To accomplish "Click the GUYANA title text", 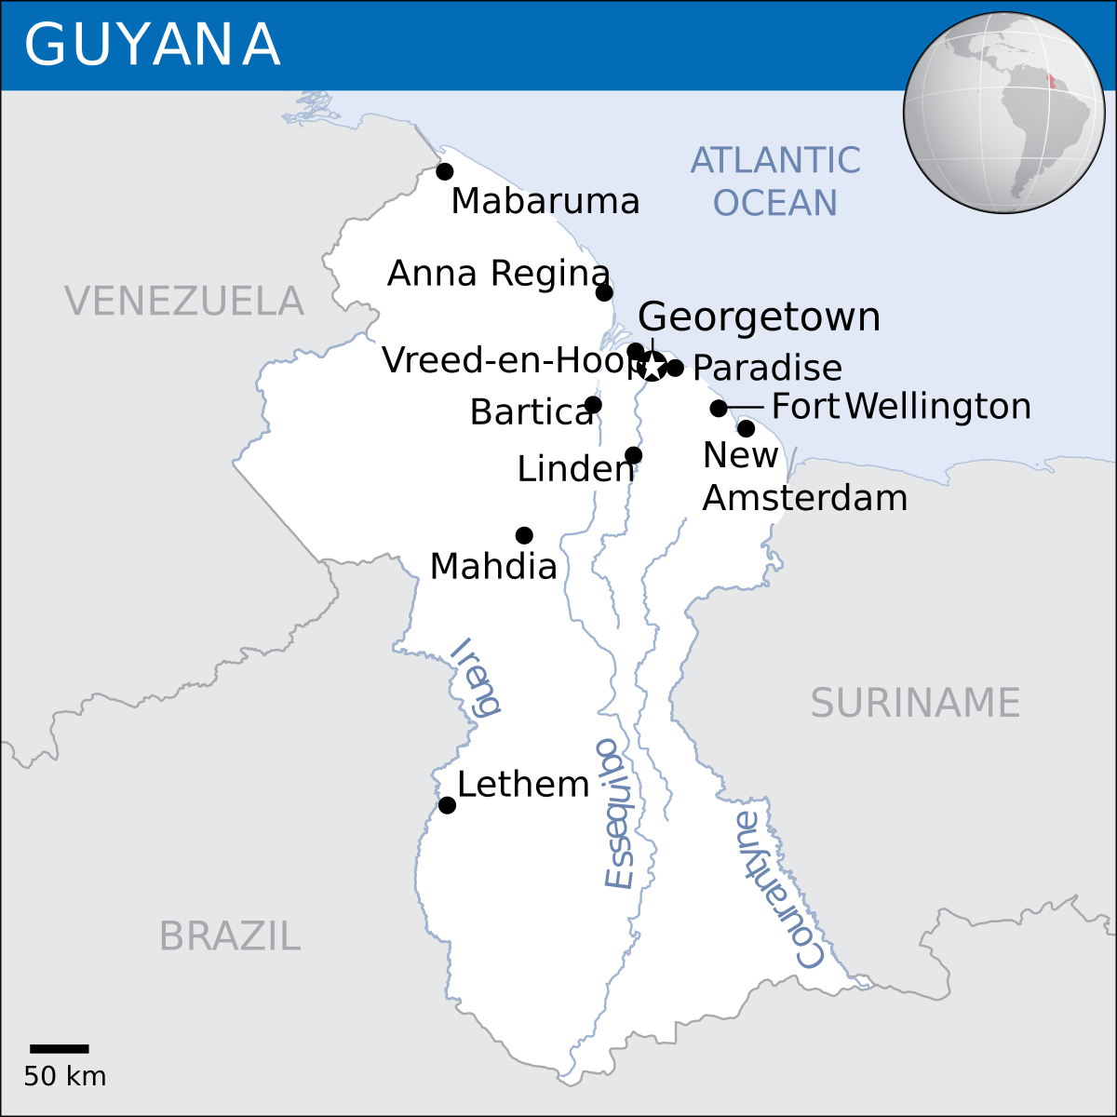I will point(152,44).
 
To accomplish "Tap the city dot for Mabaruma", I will point(445,171).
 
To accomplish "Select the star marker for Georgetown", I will point(653,367).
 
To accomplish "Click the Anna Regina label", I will point(498,274).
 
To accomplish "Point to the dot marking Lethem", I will point(447,805).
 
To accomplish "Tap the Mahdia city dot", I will point(524,535).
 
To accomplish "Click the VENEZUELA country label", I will point(184,302).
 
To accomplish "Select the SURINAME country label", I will point(915,703).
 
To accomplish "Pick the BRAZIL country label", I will point(229,935).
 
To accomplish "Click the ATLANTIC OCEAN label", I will point(775,182).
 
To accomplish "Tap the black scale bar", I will point(60,1048).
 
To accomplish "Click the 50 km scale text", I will point(65,1077).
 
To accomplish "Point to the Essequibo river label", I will point(616,814).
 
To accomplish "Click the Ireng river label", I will point(476,678).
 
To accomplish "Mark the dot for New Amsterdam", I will point(746,428).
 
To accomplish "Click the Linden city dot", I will point(633,455).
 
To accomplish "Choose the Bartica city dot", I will point(593,405).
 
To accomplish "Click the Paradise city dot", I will point(675,368).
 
